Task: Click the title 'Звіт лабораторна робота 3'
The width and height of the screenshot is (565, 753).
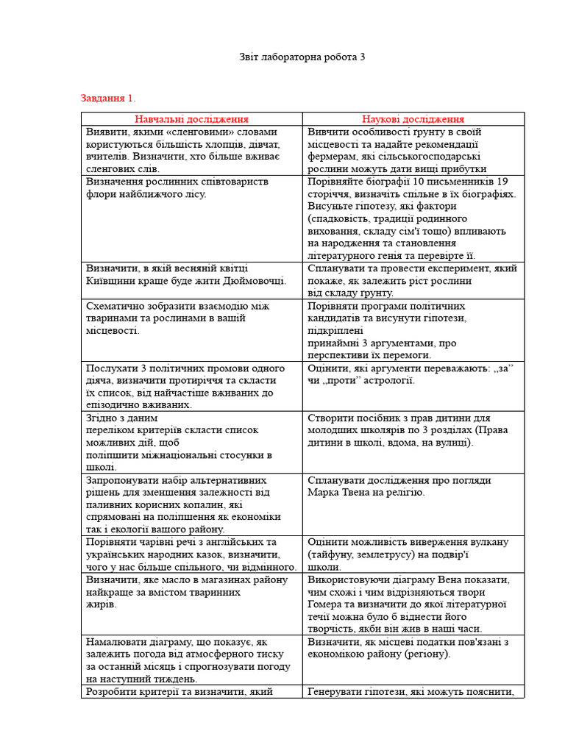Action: point(302,57)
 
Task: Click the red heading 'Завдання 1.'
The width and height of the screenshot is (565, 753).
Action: point(108,98)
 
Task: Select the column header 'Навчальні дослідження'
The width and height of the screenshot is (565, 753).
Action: point(191,119)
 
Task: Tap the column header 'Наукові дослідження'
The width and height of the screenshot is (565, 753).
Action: point(413,119)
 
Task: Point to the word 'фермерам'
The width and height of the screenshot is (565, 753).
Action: point(331,157)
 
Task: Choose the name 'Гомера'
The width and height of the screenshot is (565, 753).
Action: point(327,604)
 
